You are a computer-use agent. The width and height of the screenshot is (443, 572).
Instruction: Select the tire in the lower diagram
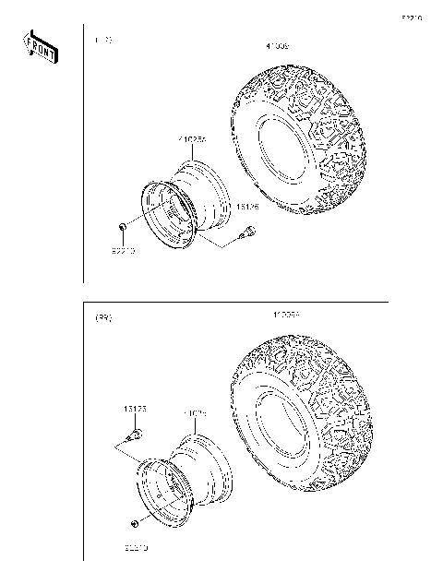[301, 415]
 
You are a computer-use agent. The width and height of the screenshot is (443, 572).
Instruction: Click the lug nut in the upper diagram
[122, 228]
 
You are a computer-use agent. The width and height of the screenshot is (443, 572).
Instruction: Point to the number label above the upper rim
[193, 139]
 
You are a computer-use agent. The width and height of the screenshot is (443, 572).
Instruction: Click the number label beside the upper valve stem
[247, 209]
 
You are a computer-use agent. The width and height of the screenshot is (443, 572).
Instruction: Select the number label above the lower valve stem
[136, 407]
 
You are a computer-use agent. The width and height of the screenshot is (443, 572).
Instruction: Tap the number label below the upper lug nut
[124, 250]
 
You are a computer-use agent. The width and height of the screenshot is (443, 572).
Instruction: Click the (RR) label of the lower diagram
[103, 318]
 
